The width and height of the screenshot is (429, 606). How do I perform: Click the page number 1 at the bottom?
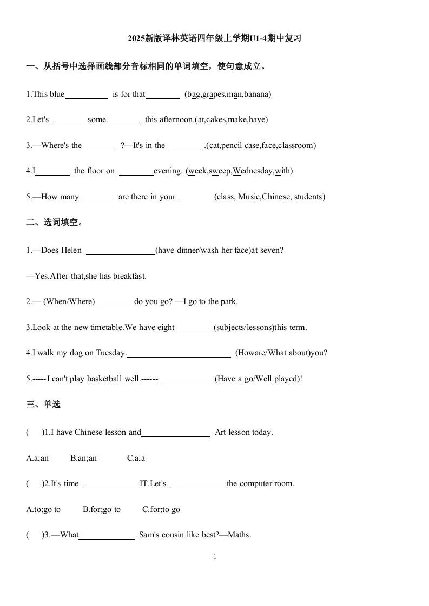tap(215, 557)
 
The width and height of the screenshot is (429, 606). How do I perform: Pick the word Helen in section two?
tap(71, 250)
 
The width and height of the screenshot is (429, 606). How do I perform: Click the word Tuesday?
tap(110, 353)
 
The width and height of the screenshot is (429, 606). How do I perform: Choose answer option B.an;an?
tap(83, 458)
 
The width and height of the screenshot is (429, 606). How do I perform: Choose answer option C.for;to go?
tap(161, 509)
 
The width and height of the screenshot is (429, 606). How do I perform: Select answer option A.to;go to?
tap(43, 509)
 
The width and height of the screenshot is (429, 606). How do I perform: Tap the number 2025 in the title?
tap(137, 38)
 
